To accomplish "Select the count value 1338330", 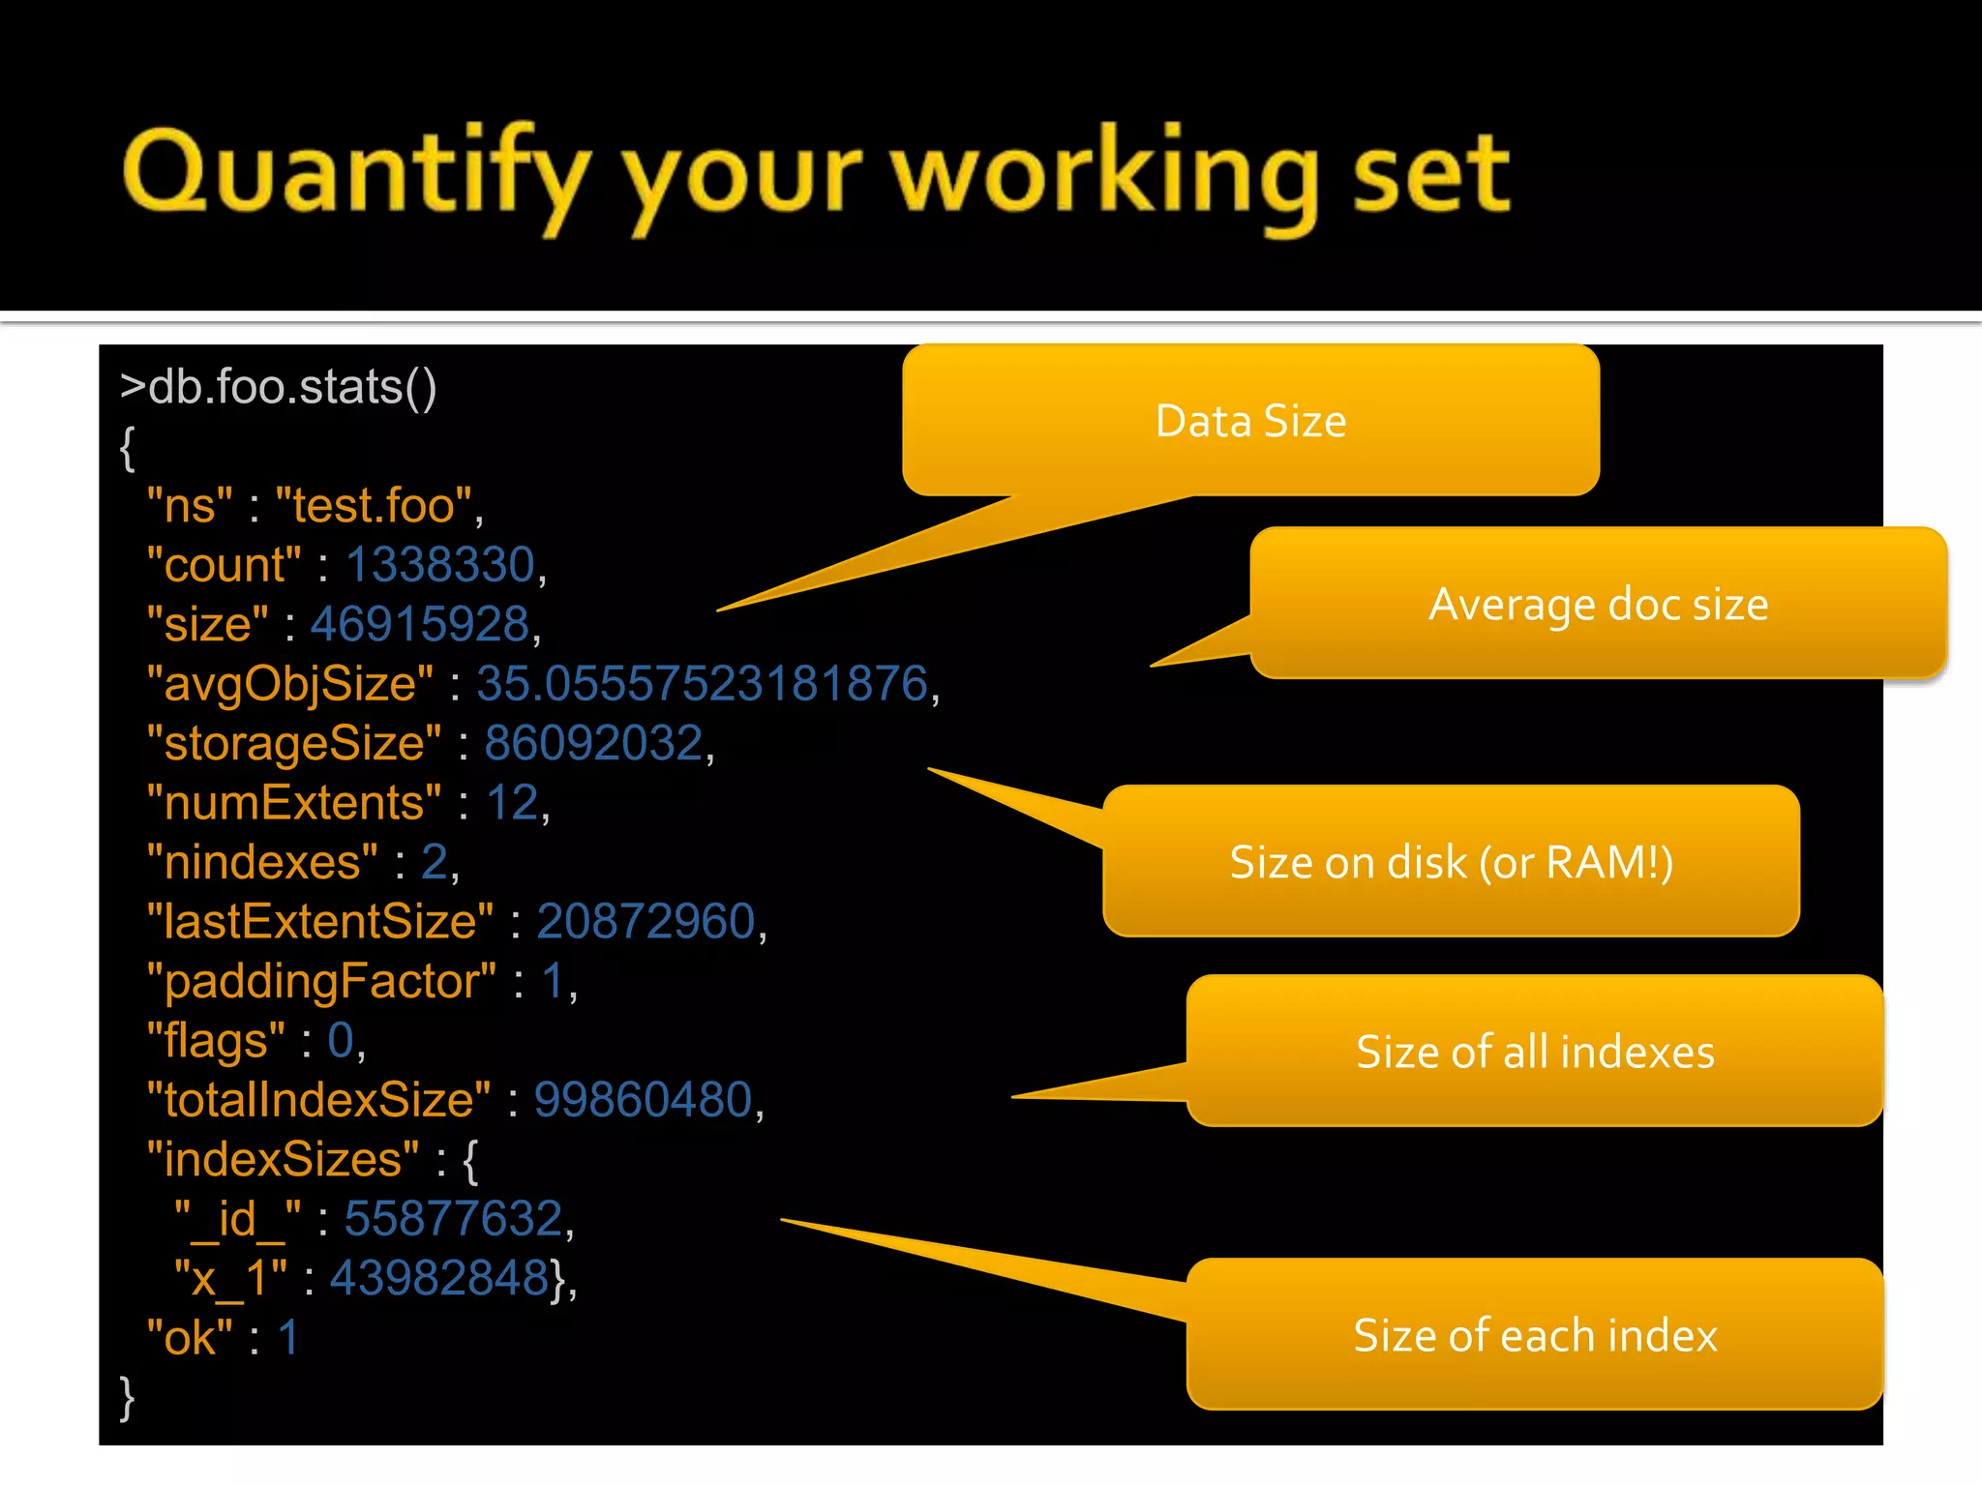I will point(440,565).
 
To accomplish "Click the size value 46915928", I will point(420,624).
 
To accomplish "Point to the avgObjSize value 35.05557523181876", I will point(703,684).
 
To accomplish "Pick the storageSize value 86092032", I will point(593,743).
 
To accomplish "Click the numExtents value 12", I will point(512,803).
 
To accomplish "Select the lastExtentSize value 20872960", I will point(646,921).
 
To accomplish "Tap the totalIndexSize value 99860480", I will point(644,1100).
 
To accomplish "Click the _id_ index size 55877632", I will point(454,1219).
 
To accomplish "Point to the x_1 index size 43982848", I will point(440,1278).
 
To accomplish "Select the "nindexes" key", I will point(261,862).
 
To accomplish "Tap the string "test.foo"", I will point(374,506).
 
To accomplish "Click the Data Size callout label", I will point(1250,421).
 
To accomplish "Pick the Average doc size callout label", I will point(1598,605).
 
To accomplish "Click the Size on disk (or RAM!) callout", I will point(1451,862).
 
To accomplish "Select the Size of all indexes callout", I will point(1535,1052).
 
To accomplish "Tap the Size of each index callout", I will point(1535,1335).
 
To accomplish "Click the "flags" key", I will point(215,1041).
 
